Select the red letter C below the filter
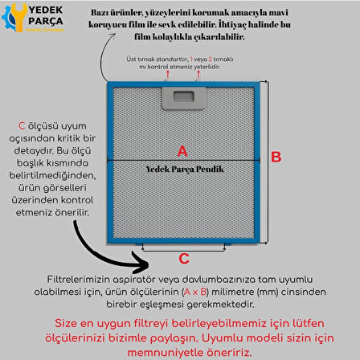pos(183,258)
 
